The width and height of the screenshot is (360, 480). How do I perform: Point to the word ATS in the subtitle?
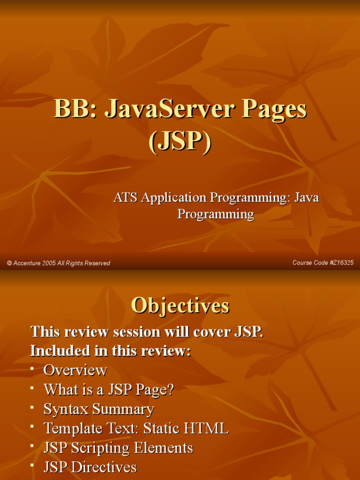pyautogui.click(x=125, y=197)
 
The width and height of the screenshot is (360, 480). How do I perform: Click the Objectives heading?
pyautogui.click(x=180, y=306)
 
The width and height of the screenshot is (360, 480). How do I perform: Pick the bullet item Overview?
pyautogui.click(x=75, y=370)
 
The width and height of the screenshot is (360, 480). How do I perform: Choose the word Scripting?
pyautogui.click(x=101, y=448)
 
